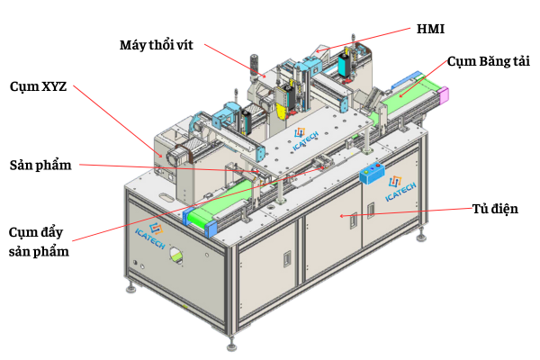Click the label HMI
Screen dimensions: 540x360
coord(430,29)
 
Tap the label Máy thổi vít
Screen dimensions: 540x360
coord(157,45)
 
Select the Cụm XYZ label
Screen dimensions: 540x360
coord(38,86)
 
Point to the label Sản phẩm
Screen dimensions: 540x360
coord(40,166)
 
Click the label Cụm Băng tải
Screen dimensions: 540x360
coord(489,62)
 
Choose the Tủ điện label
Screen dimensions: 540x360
coord(495,209)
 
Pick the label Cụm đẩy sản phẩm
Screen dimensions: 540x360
coord(39,242)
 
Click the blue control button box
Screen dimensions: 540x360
coord(373,173)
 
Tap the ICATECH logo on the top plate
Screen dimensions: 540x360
coord(305,139)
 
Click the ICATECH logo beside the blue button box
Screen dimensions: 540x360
coord(400,188)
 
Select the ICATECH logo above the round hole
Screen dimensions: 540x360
coord(151,235)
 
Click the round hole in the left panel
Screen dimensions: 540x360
coord(176,256)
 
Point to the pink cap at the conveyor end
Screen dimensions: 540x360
coord(445,94)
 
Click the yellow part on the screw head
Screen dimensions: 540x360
coord(282,112)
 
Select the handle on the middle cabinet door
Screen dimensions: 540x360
coord(354,220)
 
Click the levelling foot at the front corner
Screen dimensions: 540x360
coord(231,344)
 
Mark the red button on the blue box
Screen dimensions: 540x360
coord(378,166)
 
